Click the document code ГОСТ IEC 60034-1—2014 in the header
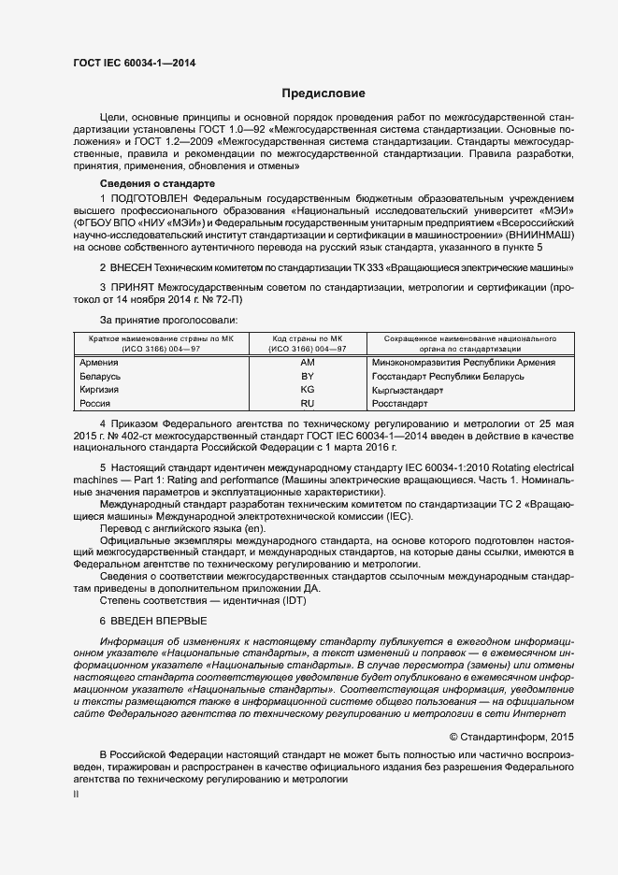pos(135,64)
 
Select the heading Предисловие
pos(324,93)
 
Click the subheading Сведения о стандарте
pos(157,183)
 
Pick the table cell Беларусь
pos(101,376)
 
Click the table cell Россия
pos(96,404)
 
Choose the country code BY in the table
pos(308,376)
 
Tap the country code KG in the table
pos(308,390)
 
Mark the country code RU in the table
pos(308,404)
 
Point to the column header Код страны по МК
pos(308,337)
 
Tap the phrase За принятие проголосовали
pos(163,319)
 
